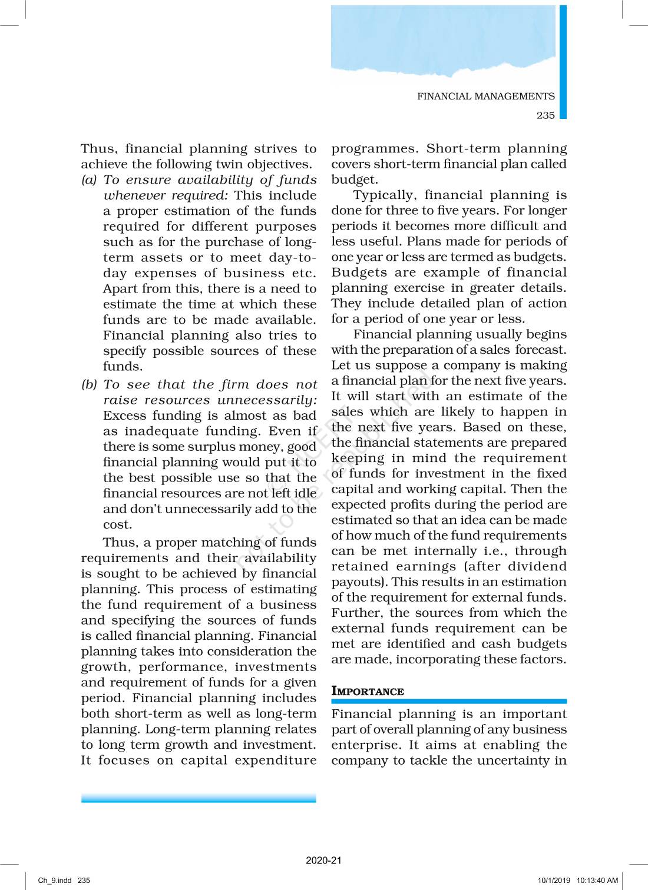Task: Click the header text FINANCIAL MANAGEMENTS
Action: click(485, 97)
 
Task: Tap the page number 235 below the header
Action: click(545, 115)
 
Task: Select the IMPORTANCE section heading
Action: click(368, 691)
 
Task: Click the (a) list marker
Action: click(89, 180)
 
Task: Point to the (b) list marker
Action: click(89, 385)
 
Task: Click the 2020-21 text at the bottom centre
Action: click(323, 861)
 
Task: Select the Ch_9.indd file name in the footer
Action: click(54, 881)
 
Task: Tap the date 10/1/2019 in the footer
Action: click(554, 881)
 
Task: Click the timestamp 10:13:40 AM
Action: click(597, 881)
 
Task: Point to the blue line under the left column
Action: click(199, 798)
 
